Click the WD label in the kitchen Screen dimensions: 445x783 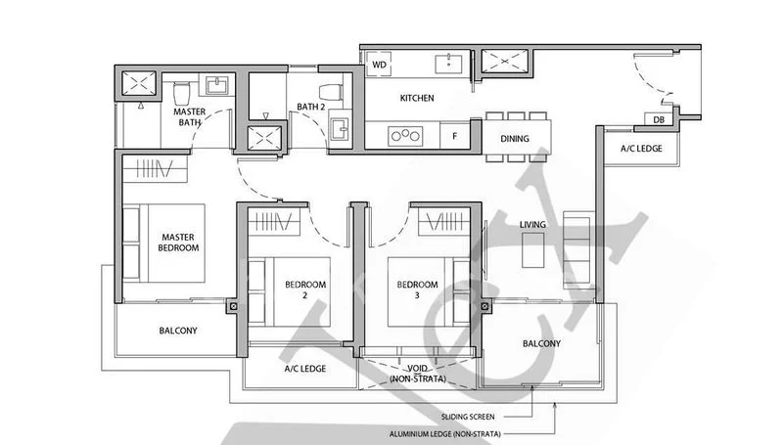coord(379,65)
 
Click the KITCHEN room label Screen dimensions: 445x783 coord(417,99)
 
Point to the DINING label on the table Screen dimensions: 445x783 coord(515,139)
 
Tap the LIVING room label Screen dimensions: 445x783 coord(532,226)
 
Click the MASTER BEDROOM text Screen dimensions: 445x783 coord(179,243)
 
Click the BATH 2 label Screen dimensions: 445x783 coord(311,108)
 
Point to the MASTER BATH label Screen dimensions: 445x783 coord(189,118)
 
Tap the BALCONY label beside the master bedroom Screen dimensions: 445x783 coord(178,331)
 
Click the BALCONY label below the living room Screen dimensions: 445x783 coord(541,343)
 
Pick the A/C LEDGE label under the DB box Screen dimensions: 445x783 coord(641,149)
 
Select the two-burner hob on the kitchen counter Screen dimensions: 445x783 coord(401,136)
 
